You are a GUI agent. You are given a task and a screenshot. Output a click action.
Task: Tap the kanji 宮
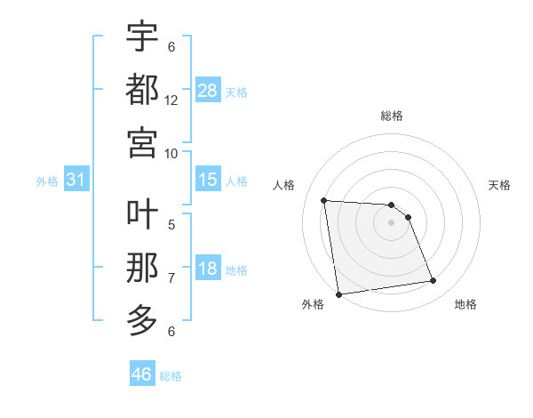click(142, 141)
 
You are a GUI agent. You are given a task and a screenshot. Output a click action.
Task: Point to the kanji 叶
click(142, 214)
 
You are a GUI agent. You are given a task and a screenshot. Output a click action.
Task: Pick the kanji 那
click(142, 267)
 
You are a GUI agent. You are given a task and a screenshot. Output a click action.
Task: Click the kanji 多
click(142, 319)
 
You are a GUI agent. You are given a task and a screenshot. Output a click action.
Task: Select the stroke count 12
click(171, 100)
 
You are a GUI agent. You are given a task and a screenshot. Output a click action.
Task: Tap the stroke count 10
click(171, 153)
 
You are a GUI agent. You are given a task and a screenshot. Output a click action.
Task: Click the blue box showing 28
click(208, 90)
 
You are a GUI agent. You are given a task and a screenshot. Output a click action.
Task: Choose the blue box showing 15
click(208, 180)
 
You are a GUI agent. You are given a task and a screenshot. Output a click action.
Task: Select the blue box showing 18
click(208, 269)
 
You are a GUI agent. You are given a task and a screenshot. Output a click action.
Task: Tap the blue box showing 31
click(76, 180)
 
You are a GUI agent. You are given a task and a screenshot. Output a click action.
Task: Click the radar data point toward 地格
click(433, 281)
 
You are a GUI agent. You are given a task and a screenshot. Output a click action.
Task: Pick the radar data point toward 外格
click(338, 293)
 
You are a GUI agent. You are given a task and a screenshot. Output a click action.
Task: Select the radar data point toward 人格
click(324, 200)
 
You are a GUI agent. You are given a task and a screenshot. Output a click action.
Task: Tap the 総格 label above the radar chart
click(392, 116)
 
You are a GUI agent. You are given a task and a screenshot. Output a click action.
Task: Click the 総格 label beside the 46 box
click(171, 375)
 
